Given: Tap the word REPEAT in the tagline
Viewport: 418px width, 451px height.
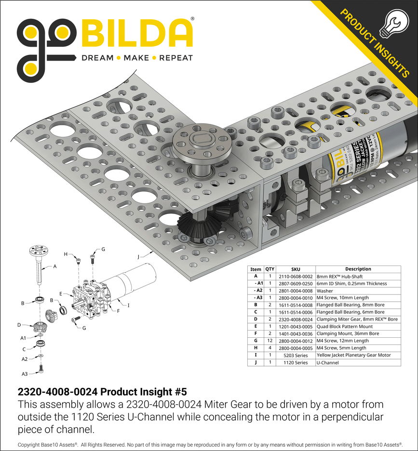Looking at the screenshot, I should [176, 58].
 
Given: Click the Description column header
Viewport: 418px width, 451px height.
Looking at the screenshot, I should [358, 269].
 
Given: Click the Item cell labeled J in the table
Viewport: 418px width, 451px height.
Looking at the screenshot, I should [256, 362].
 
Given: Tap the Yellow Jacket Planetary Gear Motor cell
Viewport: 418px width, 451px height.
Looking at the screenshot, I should [351, 355].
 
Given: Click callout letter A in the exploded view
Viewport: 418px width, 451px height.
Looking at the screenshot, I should [54, 266].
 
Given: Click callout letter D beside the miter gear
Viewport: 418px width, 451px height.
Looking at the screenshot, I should [19, 325].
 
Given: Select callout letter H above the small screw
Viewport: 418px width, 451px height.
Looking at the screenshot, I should [66, 254].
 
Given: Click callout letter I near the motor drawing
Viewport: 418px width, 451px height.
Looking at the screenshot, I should [128, 305].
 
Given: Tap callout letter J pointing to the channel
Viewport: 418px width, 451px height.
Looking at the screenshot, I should [138, 257].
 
